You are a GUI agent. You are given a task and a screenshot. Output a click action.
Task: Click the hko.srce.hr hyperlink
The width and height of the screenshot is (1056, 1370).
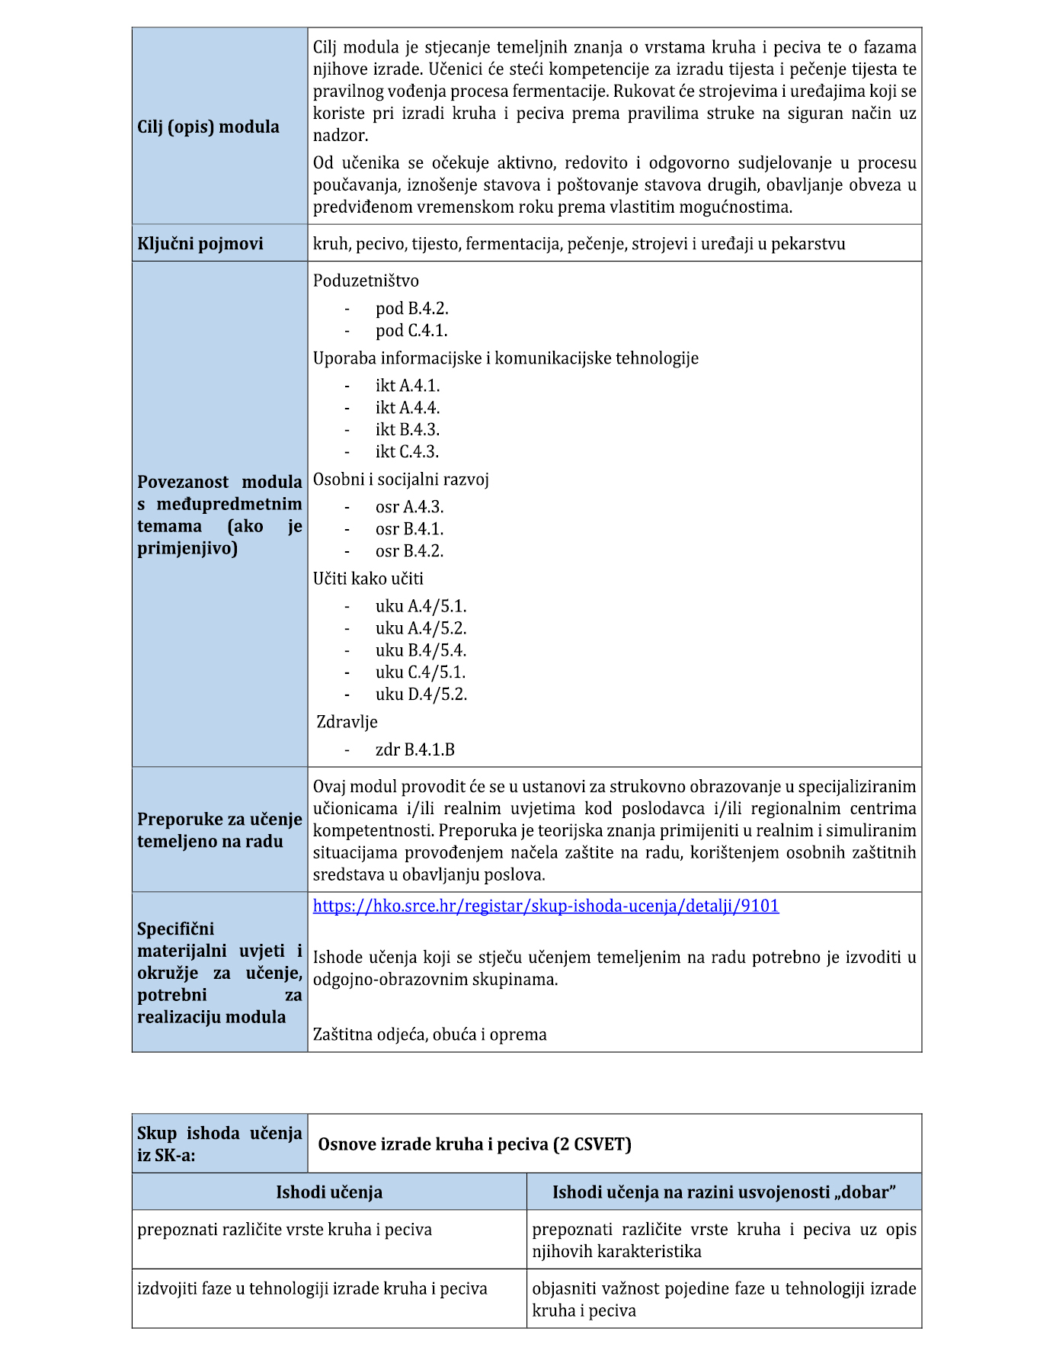[x=546, y=906]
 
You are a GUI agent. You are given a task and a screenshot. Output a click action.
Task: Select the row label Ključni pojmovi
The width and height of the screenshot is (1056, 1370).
[x=200, y=244]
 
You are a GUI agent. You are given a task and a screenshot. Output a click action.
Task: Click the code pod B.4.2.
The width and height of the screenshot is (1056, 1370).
[x=411, y=309]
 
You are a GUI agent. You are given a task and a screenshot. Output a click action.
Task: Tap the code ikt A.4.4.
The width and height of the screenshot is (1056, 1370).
[x=407, y=408]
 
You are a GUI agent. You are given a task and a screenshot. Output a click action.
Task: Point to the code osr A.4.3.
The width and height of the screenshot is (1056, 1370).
[x=409, y=507]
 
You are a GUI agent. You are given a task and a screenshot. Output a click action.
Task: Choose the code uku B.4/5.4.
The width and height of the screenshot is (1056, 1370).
[x=421, y=650]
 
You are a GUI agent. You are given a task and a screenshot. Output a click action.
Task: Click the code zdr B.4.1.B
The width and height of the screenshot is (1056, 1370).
[x=414, y=749]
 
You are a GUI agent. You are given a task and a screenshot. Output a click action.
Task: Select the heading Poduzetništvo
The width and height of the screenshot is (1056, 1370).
[x=366, y=281]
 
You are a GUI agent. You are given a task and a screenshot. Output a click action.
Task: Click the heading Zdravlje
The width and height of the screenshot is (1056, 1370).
[x=347, y=721]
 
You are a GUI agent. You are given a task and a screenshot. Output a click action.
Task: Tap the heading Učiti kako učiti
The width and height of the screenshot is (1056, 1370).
[x=368, y=579]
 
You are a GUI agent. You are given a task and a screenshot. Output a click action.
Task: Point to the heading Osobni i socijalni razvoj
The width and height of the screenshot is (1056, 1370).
[x=401, y=480]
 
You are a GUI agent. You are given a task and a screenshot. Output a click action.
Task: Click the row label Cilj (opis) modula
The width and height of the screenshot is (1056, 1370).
[x=208, y=127]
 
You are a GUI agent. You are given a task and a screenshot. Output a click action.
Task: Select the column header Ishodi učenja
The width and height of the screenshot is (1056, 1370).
[x=329, y=1192]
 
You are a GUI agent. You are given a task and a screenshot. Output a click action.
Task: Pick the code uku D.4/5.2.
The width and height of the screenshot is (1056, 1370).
[x=421, y=695]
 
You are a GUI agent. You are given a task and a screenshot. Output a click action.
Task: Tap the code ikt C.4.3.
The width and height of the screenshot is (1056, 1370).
[x=407, y=452]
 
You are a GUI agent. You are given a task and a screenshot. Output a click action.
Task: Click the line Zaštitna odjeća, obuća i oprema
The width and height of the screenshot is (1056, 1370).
[x=430, y=1035]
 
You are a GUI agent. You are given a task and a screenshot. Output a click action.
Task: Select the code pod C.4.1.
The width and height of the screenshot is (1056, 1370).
[x=411, y=331]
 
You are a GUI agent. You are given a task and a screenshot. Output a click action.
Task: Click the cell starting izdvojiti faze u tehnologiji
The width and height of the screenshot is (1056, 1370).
[x=312, y=1289]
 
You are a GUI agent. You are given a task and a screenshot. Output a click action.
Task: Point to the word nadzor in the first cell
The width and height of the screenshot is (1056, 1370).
[x=340, y=136]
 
